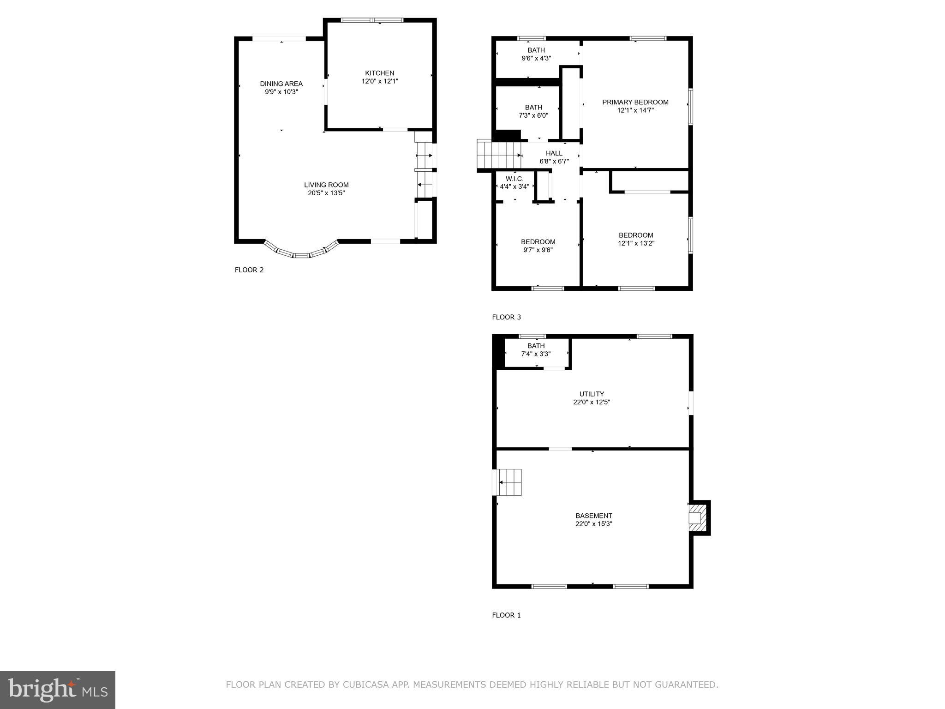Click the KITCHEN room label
(x=379, y=73)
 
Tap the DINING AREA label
(x=281, y=84)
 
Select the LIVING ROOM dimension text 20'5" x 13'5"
(x=326, y=193)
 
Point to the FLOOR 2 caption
(x=249, y=270)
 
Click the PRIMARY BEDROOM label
(x=635, y=102)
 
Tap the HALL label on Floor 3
(x=554, y=153)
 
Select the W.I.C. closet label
(x=514, y=179)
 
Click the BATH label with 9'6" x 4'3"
(x=536, y=50)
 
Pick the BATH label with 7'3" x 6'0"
(x=533, y=107)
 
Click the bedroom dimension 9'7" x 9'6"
(x=538, y=250)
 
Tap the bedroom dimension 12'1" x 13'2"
(x=636, y=243)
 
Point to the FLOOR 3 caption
(x=506, y=317)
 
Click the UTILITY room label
(x=592, y=394)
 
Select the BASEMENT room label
(x=593, y=516)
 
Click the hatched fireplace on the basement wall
(x=696, y=517)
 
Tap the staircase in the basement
(x=509, y=482)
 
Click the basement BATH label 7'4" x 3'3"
(x=536, y=346)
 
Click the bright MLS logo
(x=58, y=690)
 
